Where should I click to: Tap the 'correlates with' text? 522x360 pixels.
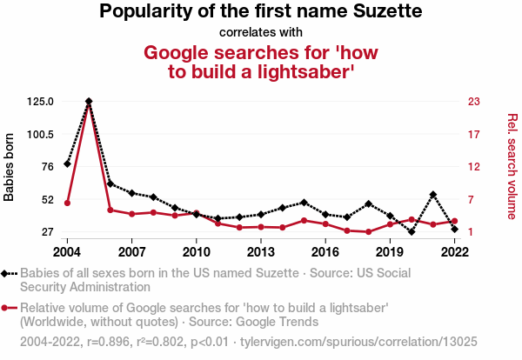pos(260,33)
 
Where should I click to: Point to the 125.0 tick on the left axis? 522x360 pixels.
pos(40,102)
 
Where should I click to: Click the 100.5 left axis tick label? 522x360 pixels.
pos(40,134)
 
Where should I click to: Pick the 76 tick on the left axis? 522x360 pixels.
pos(46,167)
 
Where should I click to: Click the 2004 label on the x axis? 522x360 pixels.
pos(67,251)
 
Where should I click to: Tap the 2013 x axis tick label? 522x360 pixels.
pos(261,251)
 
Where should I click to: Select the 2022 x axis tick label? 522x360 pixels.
pos(454,251)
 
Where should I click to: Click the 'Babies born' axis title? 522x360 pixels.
pos(10,167)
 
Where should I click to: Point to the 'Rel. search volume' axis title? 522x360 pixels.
pos(512,166)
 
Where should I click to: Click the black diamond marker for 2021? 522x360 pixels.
pos(433,195)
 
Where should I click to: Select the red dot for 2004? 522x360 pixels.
pos(67,203)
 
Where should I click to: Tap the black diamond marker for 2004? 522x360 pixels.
pos(67,163)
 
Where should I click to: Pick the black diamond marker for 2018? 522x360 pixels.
pos(369,204)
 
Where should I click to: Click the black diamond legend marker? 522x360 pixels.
pos(9,273)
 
